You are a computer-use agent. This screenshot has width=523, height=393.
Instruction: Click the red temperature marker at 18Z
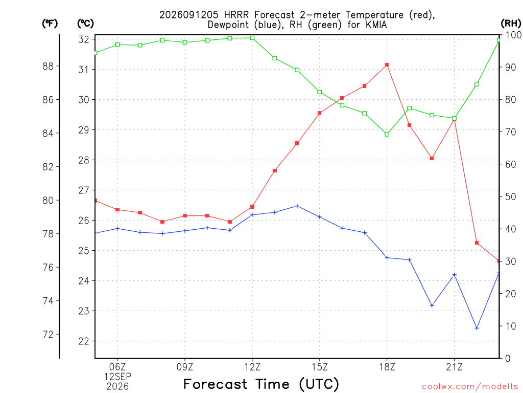coord(387,65)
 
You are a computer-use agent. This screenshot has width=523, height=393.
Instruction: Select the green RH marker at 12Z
coord(252,38)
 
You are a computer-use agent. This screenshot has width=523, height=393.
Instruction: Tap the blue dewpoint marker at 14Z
coord(297,206)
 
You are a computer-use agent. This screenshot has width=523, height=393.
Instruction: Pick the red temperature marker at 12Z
coord(252,207)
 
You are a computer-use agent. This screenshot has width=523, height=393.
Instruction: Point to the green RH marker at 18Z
coord(387,135)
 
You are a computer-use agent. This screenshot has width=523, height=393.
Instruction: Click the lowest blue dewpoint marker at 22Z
coord(477,328)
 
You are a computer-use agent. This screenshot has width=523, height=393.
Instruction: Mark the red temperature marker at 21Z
coord(454,119)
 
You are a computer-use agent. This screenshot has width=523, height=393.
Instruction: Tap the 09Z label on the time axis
coord(185,367)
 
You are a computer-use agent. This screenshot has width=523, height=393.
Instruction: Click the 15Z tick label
coord(320,367)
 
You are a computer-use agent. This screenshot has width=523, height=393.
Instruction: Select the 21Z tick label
coord(454,367)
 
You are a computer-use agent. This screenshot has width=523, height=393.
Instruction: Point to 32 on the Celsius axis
coord(84,39)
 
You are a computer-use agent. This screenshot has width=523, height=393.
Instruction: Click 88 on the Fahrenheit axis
coord(48,66)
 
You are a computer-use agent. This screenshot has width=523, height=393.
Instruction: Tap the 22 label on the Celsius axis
coord(84,341)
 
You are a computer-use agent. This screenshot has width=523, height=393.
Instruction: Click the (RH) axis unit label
coord(511,24)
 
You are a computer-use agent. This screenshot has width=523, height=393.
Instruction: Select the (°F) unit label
coord(50,24)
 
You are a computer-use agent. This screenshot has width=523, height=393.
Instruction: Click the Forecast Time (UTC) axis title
coord(261,384)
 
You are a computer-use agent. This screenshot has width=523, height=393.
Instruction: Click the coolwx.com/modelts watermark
coord(470,387)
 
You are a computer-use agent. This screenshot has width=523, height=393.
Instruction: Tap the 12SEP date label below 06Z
coord(117,377)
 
